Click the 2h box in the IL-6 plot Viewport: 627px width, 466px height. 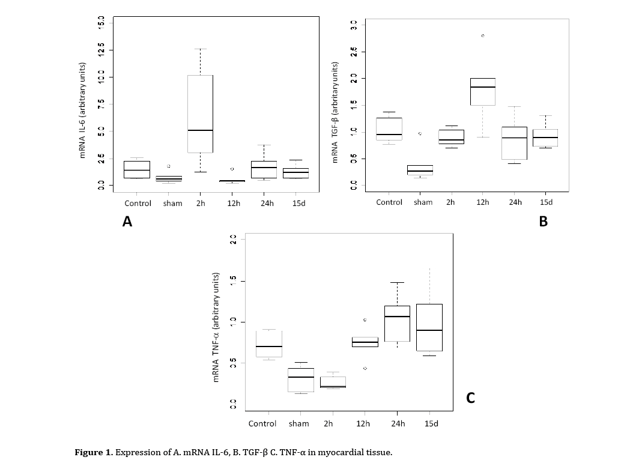click(x=200, y=114)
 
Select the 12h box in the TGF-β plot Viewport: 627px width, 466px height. click(x=482, y=91)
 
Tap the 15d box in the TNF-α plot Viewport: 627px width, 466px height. click(x=429, y=327)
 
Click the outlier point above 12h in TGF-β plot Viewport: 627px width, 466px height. click(x=482, y=36)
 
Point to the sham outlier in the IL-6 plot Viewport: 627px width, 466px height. click(x=169, y=166)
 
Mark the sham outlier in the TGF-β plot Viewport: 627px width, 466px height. click(x=420, y=133)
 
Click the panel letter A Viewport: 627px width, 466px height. click(x=127, y=222)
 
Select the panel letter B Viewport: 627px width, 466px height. click(x=543, y=222)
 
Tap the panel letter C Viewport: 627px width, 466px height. click(x=470, y=398)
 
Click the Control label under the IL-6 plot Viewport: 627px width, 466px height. click(x=138, y=203)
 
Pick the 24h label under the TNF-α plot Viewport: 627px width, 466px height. click(x=398, y=423)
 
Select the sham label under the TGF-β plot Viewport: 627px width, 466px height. click(x=423, y=202)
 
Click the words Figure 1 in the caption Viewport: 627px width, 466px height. click(x=93, y=452)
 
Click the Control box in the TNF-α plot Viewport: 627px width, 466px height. click(x=268, y=343)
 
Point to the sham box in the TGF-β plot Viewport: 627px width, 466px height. click(x=420, y=170)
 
